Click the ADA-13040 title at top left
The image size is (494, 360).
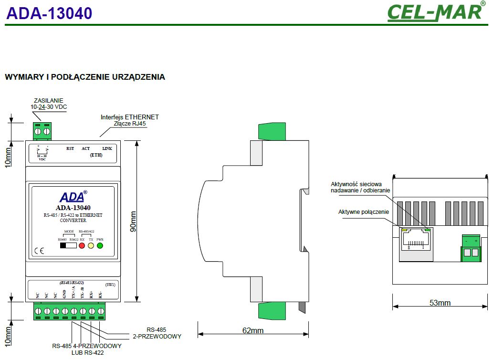[49, 13]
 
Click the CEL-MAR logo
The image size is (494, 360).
[435, 12]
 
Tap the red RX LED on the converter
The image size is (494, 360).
[82, 246]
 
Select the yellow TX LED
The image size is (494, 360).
[91, 246]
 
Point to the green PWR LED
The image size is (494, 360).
[100, 246]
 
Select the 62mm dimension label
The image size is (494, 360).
[252, 330]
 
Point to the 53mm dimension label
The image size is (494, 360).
[440, 303]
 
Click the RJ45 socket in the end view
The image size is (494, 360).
[416, 241]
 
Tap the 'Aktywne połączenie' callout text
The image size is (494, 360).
[364, 212]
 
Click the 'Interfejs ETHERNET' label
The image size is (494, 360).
[129, 116]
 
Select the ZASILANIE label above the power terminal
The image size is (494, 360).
[49, 100]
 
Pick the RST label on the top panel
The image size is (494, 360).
[70, 148]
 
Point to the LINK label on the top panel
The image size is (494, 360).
[107, 148]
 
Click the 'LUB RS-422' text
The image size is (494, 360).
[87, 352]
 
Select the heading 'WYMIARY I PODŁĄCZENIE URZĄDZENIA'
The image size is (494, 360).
[85, 77]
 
